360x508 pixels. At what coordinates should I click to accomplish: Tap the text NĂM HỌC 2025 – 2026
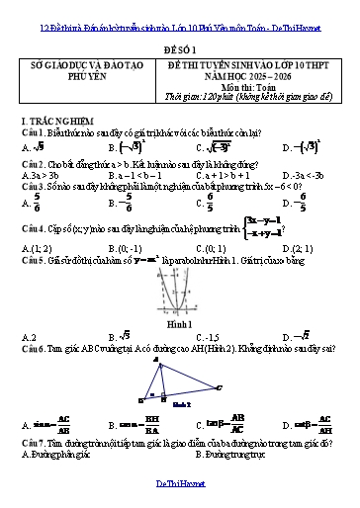(250, 84)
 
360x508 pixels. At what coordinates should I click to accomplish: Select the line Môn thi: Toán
(250, 94)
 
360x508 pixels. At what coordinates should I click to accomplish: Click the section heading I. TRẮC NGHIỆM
(55, 119)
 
